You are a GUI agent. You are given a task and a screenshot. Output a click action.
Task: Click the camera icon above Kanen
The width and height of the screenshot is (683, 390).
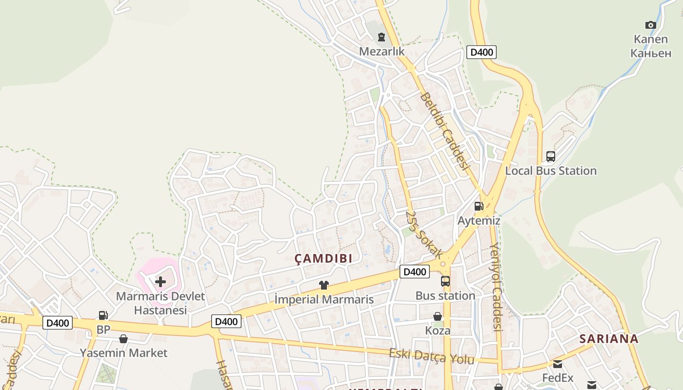(x=650, y=25)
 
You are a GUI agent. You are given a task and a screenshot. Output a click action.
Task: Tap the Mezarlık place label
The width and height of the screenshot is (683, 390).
(x=382, y=51)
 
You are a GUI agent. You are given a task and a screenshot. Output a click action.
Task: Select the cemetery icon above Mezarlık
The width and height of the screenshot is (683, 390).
(x=382, y=37)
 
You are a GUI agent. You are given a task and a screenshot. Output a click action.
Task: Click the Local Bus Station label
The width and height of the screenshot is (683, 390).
(x=551, y=171)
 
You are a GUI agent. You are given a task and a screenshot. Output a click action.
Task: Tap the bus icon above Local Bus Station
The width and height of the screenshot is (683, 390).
(x=551, y=156)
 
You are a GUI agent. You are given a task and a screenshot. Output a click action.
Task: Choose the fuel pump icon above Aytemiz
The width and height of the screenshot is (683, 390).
(x=479, y=206)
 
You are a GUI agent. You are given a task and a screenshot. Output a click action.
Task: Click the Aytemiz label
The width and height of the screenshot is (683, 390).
(x=479, y=220)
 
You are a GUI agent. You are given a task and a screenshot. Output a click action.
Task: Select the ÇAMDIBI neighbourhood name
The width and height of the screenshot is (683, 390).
(x=323, y=258)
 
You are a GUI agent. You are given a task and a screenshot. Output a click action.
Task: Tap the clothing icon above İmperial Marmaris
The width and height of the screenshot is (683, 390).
(x=323, y=285)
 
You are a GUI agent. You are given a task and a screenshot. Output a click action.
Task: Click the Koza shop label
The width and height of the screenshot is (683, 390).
(x=438, y=331)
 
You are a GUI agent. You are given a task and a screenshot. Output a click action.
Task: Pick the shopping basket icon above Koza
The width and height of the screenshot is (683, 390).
(x=438, y=316)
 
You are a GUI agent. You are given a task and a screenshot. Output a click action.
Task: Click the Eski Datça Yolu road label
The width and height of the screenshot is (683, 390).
(x=431, y=356)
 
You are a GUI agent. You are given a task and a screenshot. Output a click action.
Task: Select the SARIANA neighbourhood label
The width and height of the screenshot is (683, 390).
(x=609, y=339)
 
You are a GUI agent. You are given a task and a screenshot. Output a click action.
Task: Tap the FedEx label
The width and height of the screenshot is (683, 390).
(x=558, y=378)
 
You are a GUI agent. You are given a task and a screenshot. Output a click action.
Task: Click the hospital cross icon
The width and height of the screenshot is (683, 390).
(x=160, y=282)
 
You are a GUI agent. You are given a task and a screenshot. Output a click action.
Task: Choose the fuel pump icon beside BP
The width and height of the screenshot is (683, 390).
(x=103, y=315)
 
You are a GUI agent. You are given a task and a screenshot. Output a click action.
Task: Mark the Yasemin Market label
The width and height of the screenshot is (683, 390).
(x=123, y=352)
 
